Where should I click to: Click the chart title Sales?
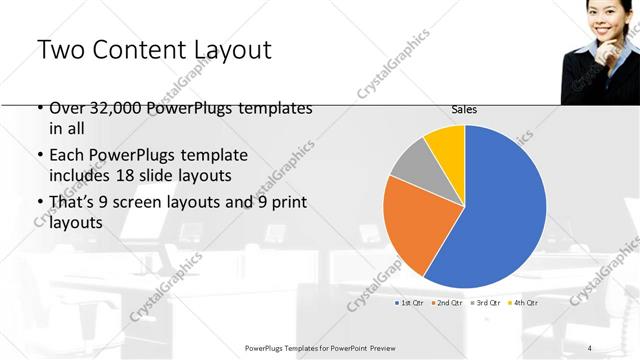pos(464,110)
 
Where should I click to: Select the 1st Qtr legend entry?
pos(410,302)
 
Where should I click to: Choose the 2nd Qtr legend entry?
pos(448,302)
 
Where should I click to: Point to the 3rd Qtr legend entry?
pos(486,302)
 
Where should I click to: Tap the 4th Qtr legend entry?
pos(523,302)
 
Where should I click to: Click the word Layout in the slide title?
pos(225,50)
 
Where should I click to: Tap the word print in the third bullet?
pos(289,204)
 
